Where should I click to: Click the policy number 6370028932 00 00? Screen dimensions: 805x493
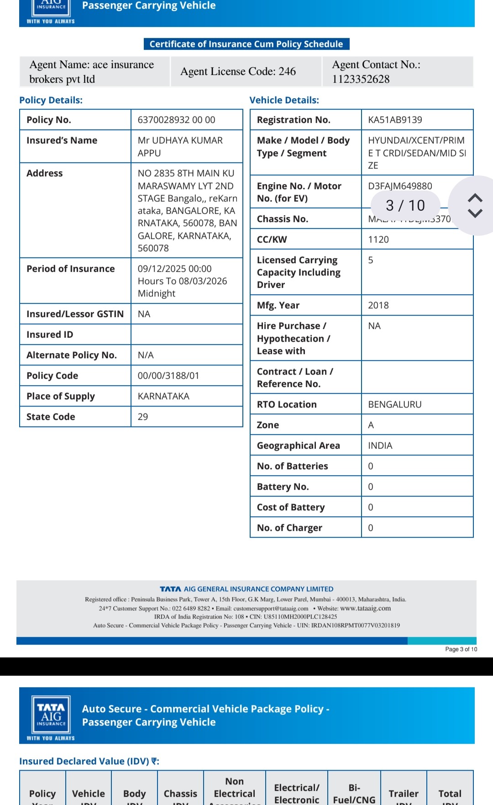coord(176,120)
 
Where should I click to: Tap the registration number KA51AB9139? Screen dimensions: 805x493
coord(395,120)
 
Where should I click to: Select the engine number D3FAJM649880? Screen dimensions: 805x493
coord(400,186)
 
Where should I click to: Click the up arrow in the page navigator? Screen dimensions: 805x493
coord(475,197)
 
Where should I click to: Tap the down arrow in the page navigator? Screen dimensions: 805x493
coord(475,213)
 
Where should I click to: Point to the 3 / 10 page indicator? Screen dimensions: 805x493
coord(405,206)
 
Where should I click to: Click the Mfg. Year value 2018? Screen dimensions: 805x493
coord(378,305)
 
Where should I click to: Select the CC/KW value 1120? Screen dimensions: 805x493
coord(378,239)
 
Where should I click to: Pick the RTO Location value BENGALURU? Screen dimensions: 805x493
coord(395,404)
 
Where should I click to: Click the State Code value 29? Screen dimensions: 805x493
coord(143,417)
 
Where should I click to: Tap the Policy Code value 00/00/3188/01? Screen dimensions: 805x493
coord(168,376)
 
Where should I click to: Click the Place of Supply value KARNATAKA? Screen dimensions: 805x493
coord(163,396)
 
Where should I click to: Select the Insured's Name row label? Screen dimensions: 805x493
coord(62,140)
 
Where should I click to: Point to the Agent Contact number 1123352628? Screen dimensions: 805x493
coord(361,79)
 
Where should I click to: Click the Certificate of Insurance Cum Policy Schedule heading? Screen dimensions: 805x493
coord(246,44)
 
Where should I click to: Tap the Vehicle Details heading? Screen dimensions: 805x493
coord(284,100)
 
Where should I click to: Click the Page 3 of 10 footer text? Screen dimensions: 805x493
coord(461,649)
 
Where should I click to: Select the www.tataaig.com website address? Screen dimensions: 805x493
coord(366,608)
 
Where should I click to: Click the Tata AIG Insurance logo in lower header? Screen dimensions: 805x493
coord(51,714)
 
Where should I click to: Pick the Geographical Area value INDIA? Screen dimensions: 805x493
coord(380,445)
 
